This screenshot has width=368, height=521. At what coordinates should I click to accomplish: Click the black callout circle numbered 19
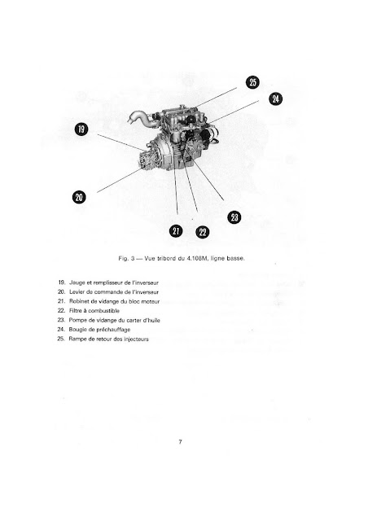[x=81, y=129]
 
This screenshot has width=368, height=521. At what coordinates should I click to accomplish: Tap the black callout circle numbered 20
[x=79, y=197]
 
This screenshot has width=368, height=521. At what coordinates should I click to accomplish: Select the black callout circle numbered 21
[x=176, y=231]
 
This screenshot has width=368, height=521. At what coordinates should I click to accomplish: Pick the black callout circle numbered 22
[x=203, y=232]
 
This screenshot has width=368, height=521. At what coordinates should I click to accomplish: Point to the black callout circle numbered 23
[x=234, y=217]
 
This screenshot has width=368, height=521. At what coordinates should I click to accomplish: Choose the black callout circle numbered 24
[x=275, y=99]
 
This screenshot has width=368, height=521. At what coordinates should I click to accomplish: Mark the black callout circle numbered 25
[x=252, y=82]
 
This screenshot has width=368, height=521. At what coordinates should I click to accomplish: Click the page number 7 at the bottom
[x=180, y=441]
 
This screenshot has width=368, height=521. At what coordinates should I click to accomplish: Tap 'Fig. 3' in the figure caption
[x=126, y=258]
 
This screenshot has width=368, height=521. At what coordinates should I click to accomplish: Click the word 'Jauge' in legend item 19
[x=76, y=283]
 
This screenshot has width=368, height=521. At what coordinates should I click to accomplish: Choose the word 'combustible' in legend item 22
[x=103, y=311]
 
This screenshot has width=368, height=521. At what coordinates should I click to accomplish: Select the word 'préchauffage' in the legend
[x=113, y=330]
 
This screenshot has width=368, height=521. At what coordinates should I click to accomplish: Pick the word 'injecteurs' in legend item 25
[x=136, y=339]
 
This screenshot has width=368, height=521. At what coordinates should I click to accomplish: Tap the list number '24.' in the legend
[x=61, y=330]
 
